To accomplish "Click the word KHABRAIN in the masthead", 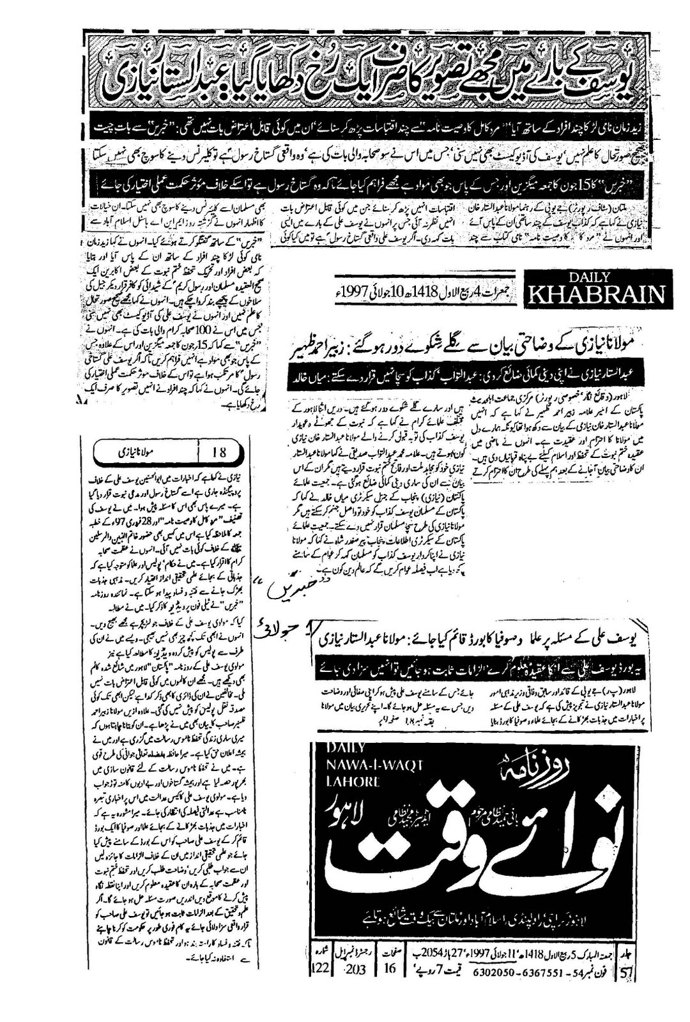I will [595, 295].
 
